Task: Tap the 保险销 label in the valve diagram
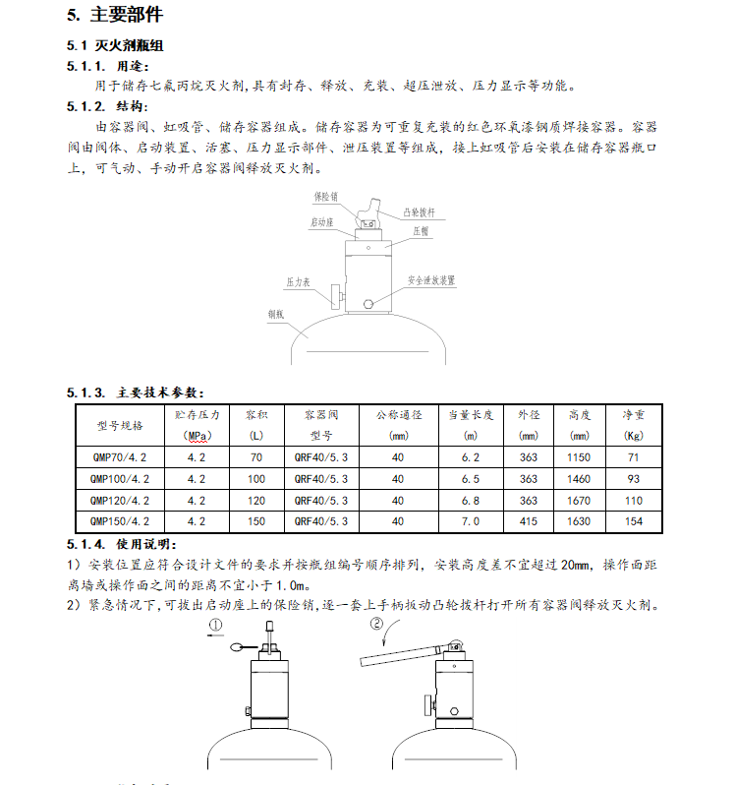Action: pyautogui.click(x=326, y=197)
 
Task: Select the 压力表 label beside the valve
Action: pyautogui.click(x=299, y=281)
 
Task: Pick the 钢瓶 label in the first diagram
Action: pyautogui.click(x=275, y=314)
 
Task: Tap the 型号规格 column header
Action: pyautogui.click(x=120, y=425)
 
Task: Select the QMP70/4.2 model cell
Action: pyautogui.click(x=120, y=457)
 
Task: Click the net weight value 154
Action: pyautogui.click(x=634, y=521)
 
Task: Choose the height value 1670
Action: pyautogui.click(x=580, y=501)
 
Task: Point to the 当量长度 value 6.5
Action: pyautogui.click(x=471, y=479)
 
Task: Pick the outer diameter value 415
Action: pyautogui.click(x=530, y=521)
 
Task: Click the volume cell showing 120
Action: pyautogui.click(x=256, y=501)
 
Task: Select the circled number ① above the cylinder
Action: pyautogui.click(x=215, y=624)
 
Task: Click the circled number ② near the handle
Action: pyautogui.click(x=375, y=623)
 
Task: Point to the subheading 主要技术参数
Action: pyautogui.click(x=158, y=392)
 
